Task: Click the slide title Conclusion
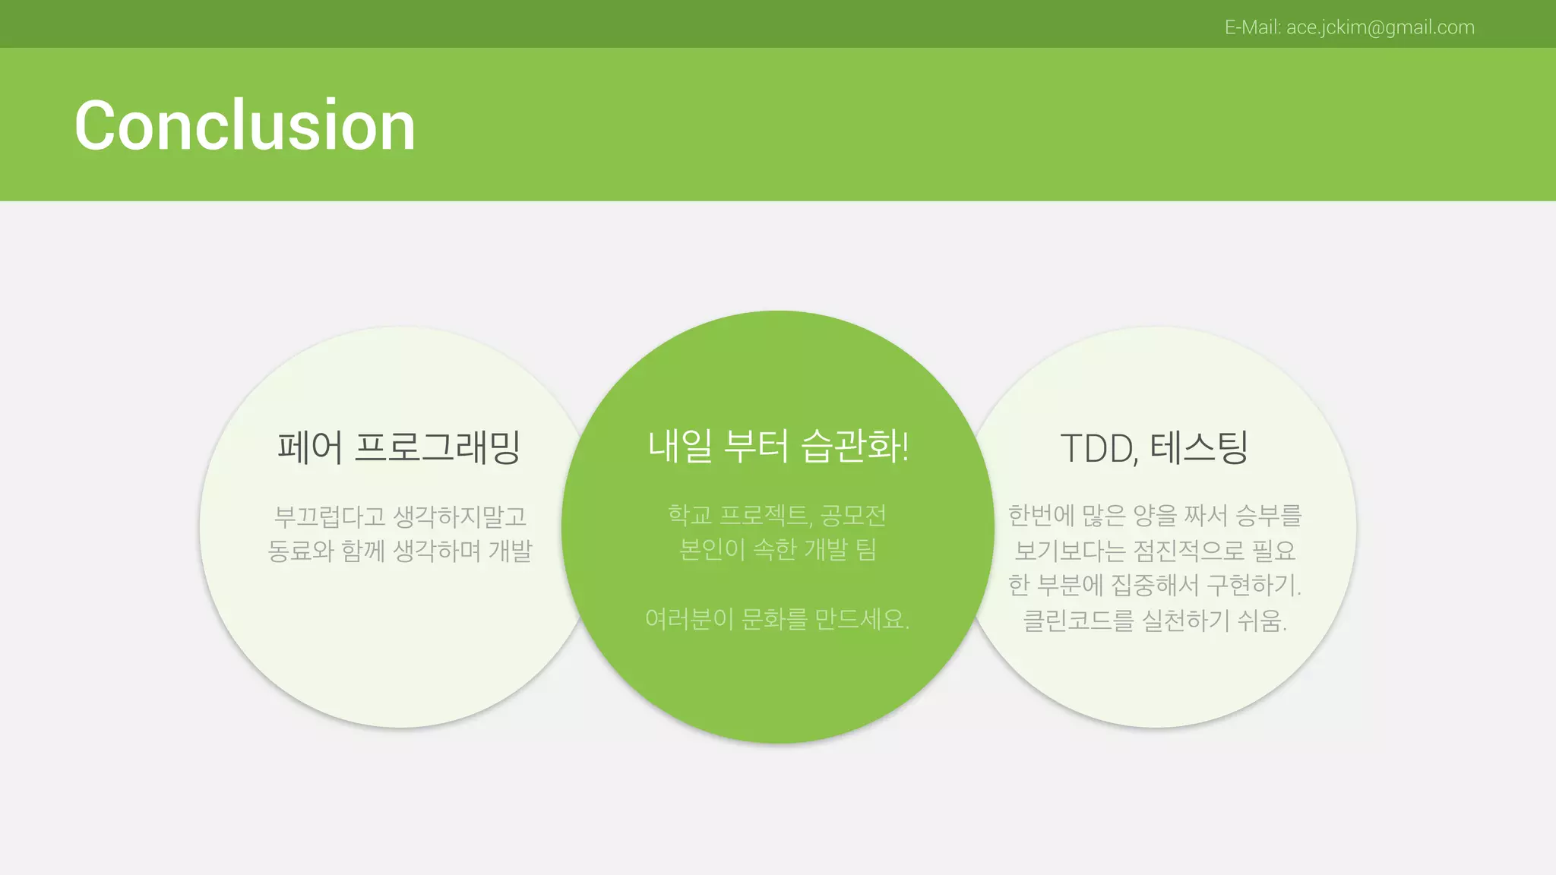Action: click(245, 125)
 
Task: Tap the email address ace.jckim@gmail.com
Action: click(1380, 27)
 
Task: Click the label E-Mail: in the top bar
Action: click(1253, 27)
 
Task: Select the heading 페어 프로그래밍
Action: click(399, 447)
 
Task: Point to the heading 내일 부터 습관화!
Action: click(778, 446)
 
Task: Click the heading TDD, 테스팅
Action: click(1154, 448)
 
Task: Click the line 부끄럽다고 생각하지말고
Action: click(400, 516)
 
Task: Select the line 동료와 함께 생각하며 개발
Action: click(400, 551)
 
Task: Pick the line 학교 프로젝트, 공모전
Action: click(777, 515)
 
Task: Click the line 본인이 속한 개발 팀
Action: click(777, 548)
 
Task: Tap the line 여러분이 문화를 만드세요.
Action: click(777, 619)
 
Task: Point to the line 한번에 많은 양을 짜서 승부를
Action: click(1155, 515)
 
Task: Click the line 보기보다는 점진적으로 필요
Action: click(1155, 550)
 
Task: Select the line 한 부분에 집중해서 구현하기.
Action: click(1155, 585)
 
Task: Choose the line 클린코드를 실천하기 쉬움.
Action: click(1155, 621)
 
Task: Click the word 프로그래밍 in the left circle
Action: click(438, 447)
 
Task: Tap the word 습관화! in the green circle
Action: click(855, 446)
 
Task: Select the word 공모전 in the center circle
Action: click(853, 515)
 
